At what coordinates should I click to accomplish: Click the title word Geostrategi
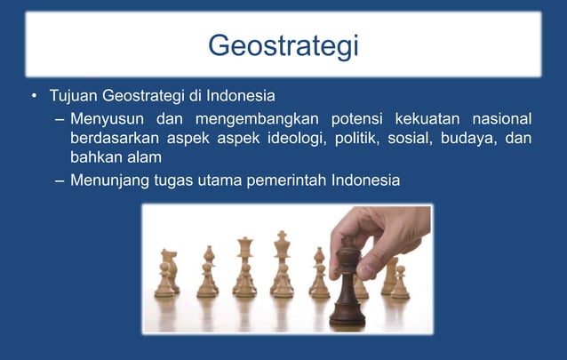point(283,44)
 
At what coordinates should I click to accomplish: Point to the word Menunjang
point(108,181)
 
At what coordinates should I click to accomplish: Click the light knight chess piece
point(166,271)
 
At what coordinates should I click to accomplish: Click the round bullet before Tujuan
point(33,96)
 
